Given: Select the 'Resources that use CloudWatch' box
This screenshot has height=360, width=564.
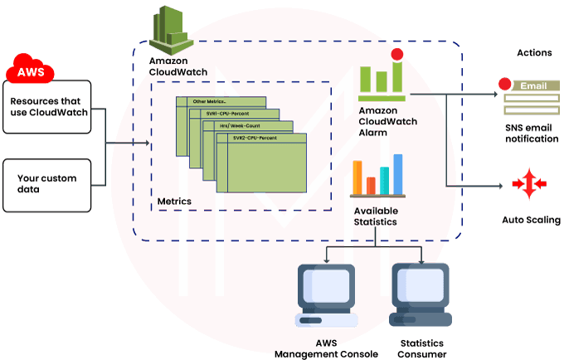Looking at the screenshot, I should (53, 108).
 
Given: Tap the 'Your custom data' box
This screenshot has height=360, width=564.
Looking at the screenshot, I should (53, 183).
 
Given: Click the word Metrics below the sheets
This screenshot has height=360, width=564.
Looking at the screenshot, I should (174, 202).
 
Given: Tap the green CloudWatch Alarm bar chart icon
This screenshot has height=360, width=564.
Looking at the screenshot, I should (381, 79).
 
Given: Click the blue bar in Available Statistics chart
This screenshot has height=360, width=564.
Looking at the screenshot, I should (397, 170).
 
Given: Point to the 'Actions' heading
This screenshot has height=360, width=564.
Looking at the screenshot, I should (533, 53).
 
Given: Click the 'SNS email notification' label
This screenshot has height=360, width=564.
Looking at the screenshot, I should (532, 134).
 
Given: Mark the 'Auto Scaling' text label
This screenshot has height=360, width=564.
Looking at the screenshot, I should (531, 220).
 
